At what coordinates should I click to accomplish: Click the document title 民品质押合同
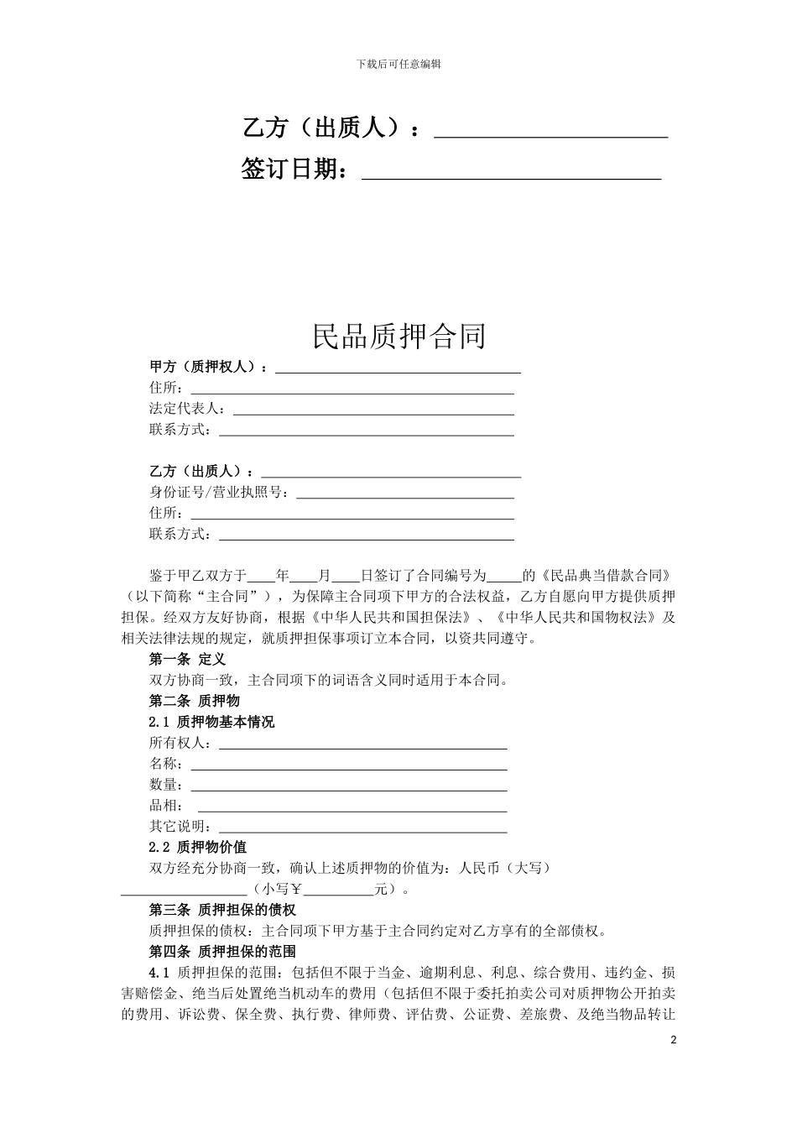(x=398, y=337)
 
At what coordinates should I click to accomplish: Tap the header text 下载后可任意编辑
(x=398, y=64)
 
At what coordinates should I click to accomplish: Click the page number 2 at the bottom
(x=673, y=1040)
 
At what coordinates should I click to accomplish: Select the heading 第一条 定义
(x=187, y=660)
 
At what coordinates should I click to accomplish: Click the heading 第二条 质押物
(x=194, y=701)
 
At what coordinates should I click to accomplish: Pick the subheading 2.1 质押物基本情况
(x=211, y=722)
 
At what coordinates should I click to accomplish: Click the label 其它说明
(x=180, y=827)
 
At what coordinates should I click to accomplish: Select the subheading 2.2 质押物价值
(x=198, y=848)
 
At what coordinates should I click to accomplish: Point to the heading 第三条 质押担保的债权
(x=222, y=910)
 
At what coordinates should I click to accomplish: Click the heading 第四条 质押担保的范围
(x=222, y=952)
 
